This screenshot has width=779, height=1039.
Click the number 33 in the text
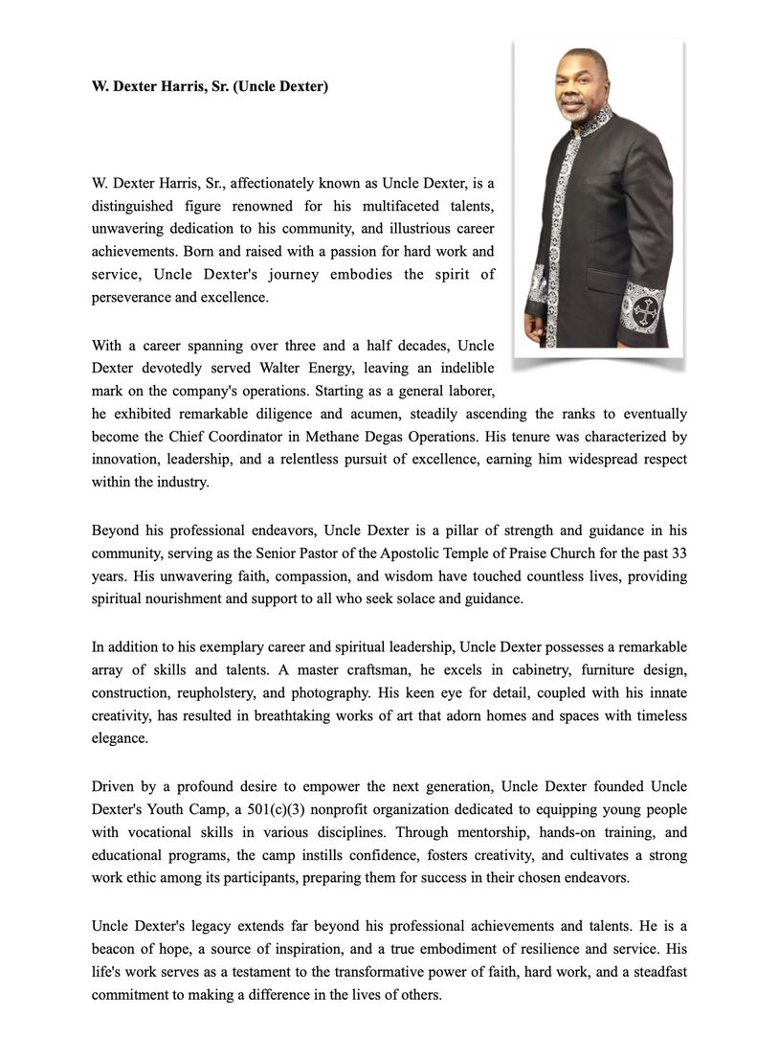[679, 553]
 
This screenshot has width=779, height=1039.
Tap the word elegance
[120, 739]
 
